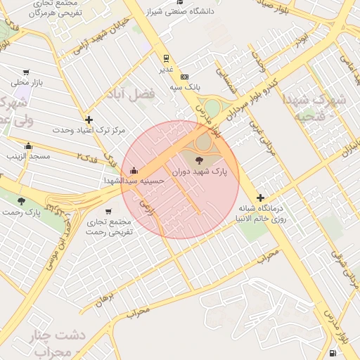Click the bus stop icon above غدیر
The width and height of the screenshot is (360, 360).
(166, 58)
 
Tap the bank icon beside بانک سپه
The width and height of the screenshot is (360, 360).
(185, 77)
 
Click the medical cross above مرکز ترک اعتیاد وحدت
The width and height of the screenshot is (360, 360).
(89, 120)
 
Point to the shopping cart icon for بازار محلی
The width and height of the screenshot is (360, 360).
(27, 72)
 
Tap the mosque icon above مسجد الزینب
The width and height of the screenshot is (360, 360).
(28, 146)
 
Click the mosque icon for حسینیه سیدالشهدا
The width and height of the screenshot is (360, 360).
(134, 170)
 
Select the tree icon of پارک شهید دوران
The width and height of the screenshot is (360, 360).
(195, 161)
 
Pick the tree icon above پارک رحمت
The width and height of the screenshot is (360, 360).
(21, 200)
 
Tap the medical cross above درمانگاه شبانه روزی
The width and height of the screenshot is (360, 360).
(261, 198)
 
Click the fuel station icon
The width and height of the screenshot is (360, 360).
(331, 352)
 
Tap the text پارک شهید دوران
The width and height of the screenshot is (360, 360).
(219, 171)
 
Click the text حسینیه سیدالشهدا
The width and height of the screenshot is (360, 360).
(134, 181)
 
